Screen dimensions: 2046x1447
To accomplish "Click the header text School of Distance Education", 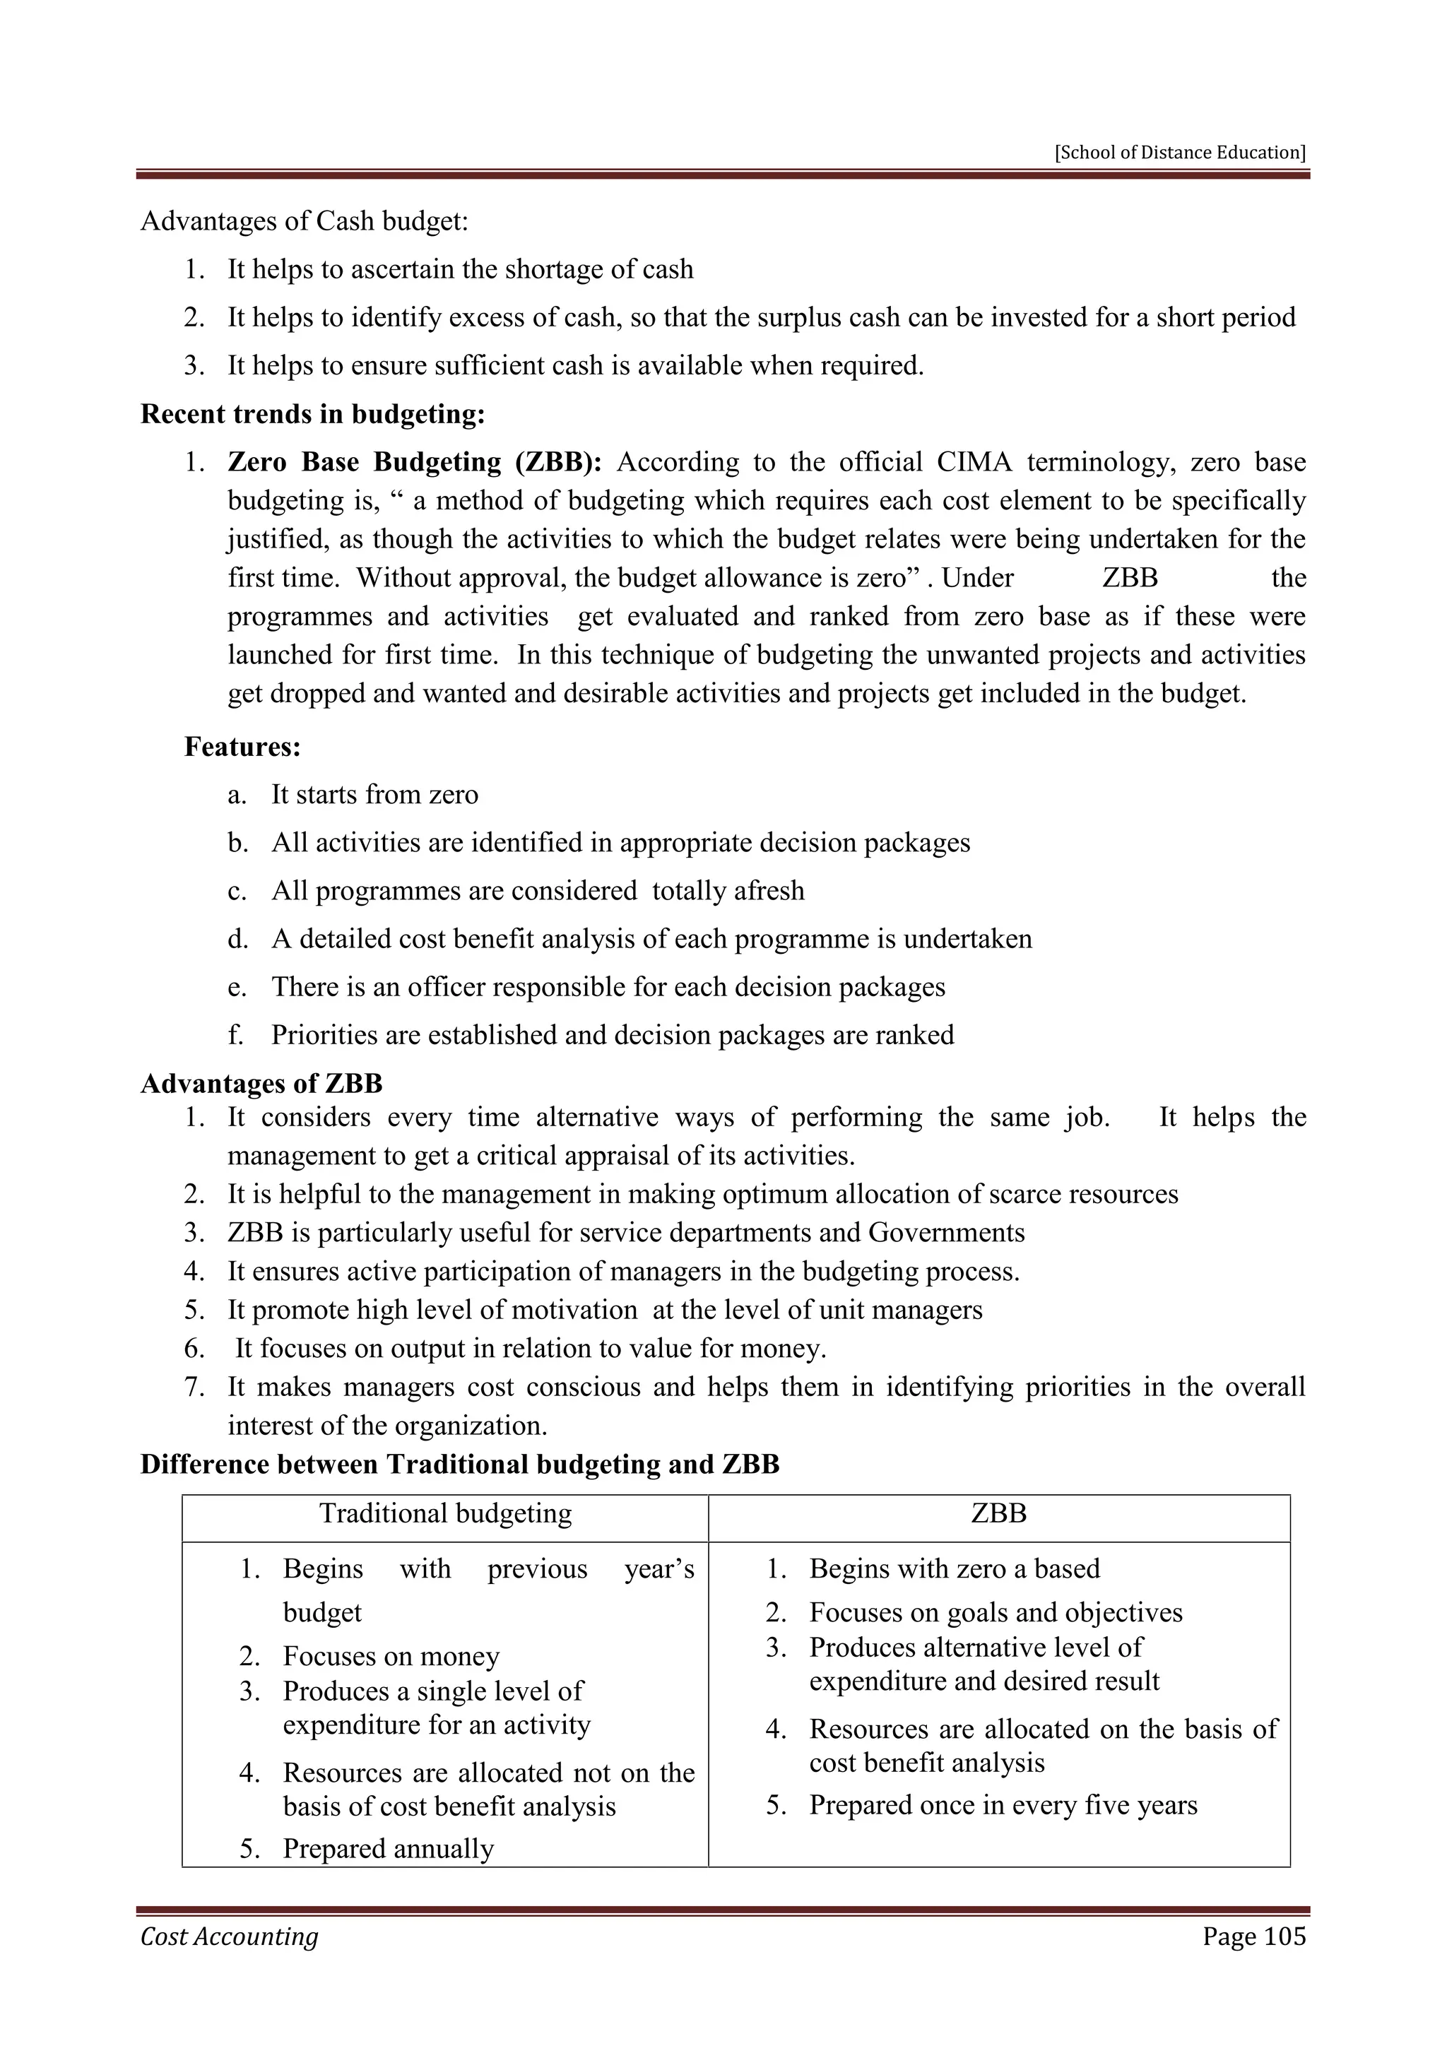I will click(x=1180, y=153).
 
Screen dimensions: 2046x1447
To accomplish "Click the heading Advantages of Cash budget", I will click(x=304, y=221).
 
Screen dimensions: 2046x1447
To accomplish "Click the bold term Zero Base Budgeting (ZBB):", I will click(x=415, y=463).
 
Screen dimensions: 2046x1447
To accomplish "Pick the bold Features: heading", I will click(x=242, y=747).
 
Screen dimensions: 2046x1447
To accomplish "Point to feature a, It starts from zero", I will click(x=374, y=795).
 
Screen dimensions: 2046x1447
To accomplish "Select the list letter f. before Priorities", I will click(x=235, y=1036).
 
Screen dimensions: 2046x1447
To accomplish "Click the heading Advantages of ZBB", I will click(x=261, y=1084).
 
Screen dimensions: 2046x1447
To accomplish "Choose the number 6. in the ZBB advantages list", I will click(x=194, y=1348).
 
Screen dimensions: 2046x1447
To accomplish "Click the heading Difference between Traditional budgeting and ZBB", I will click(x=460, y=1464).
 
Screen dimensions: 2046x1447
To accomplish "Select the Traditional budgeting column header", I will click(x=446, y=1513).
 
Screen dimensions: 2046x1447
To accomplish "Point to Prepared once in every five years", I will click(x=1003, y=1804).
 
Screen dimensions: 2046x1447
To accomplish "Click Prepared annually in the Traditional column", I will click(x=388, y=1848).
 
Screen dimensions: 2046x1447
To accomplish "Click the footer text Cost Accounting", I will click(x=229, y=1936).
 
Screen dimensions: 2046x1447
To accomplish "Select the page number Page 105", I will click(x=1253, y=1936).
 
